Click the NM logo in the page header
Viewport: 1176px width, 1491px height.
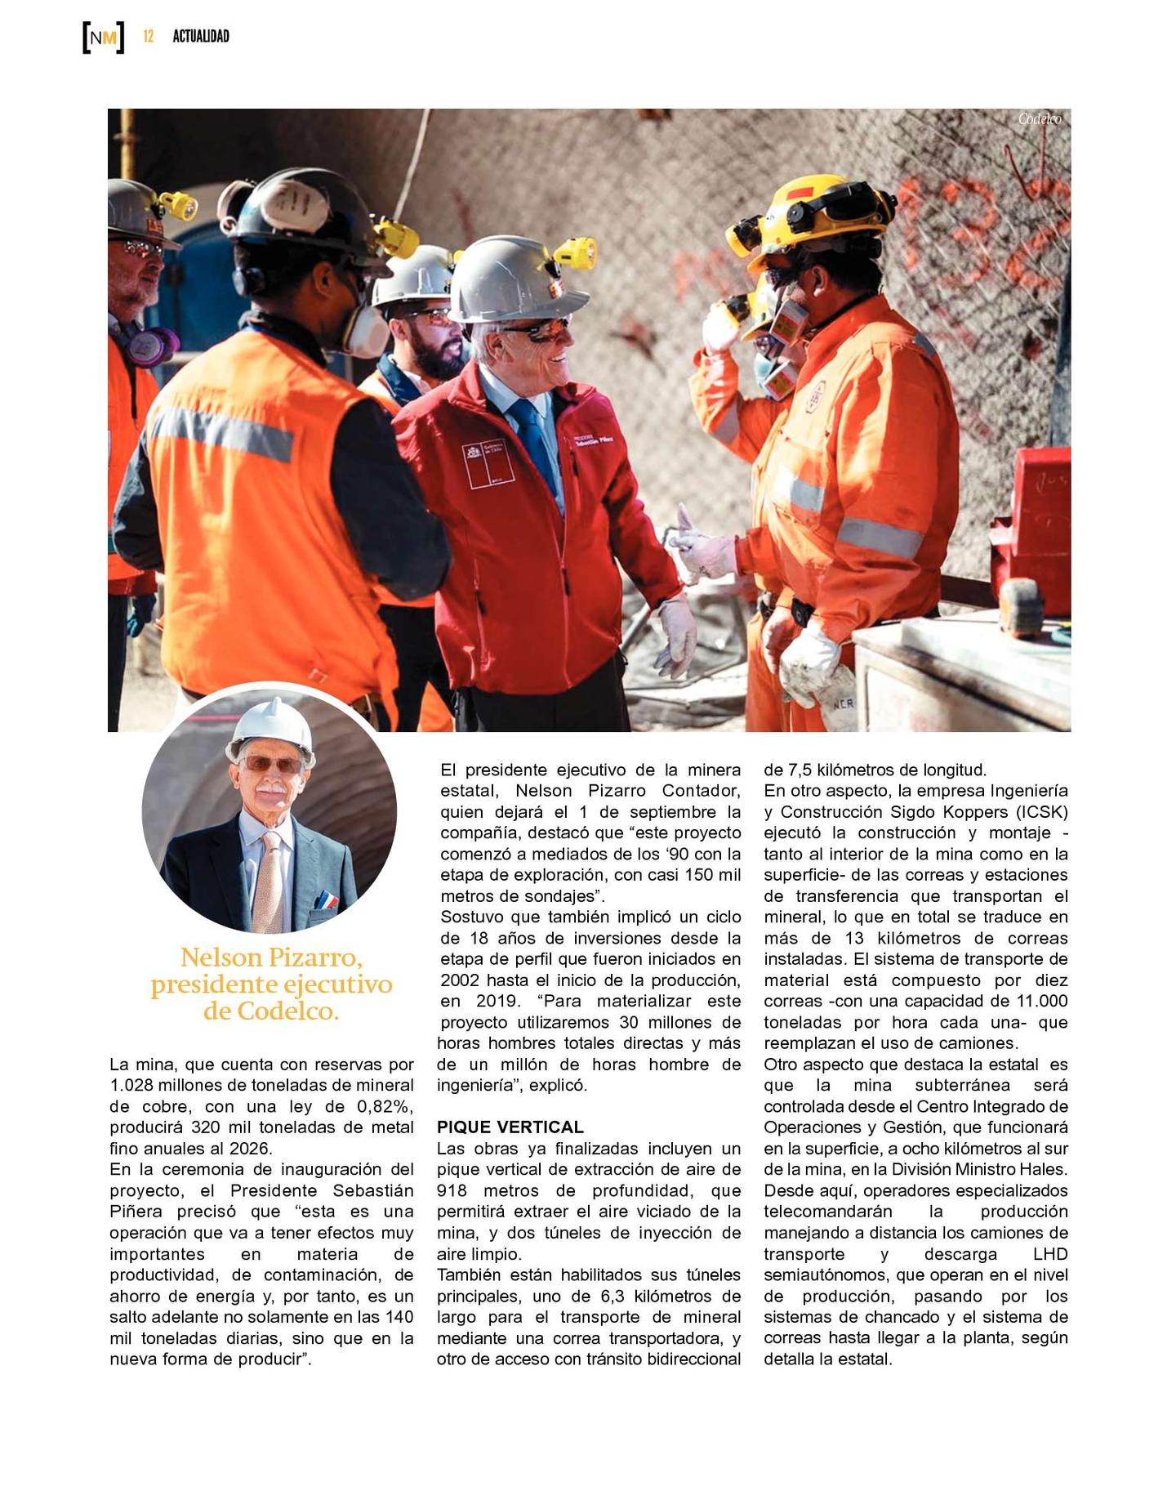[103, 37]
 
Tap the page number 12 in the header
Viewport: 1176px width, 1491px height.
[148, 36]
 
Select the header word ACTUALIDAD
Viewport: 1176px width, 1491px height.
[201, 36]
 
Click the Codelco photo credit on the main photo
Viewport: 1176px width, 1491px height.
[1039, 119]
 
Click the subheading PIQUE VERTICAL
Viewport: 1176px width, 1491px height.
[510, 1127]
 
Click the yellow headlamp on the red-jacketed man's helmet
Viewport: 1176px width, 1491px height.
[576, 253]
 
